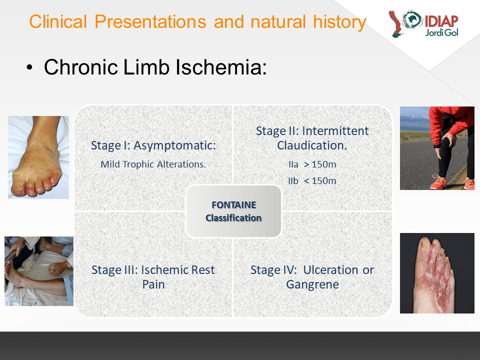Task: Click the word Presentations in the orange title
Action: (x=150, y=21)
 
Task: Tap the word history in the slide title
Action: (x=339, y=22)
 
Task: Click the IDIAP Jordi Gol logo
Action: (x=423, y=23)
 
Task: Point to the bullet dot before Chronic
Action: (x=29, y=67)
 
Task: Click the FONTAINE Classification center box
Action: (x=233, y=211)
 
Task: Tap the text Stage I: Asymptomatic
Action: (x=153, y=145)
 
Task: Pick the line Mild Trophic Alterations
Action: (x=153, y=164)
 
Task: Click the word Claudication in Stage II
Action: (x=312, y=145)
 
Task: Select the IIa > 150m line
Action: (x=312, y=164)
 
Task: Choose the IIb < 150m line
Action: (x=312, y=181)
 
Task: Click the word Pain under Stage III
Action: (x=153, y=284)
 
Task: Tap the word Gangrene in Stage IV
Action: (x=312, y=284)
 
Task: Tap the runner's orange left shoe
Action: (x=438, y=182)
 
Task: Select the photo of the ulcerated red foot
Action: (x=437, y=273)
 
